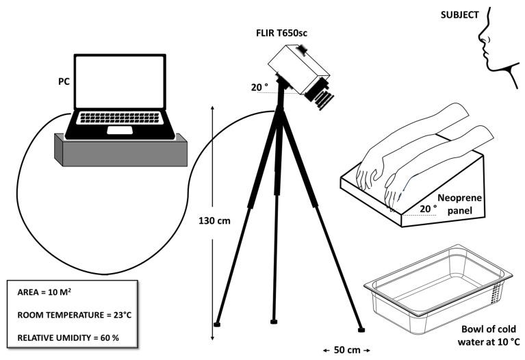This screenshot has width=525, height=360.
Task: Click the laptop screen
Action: point(120,81)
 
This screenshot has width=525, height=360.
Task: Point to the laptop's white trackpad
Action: point(120,129)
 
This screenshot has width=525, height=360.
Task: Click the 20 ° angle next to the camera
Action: point(261,87)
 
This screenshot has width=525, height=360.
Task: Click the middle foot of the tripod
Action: point(274,320)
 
